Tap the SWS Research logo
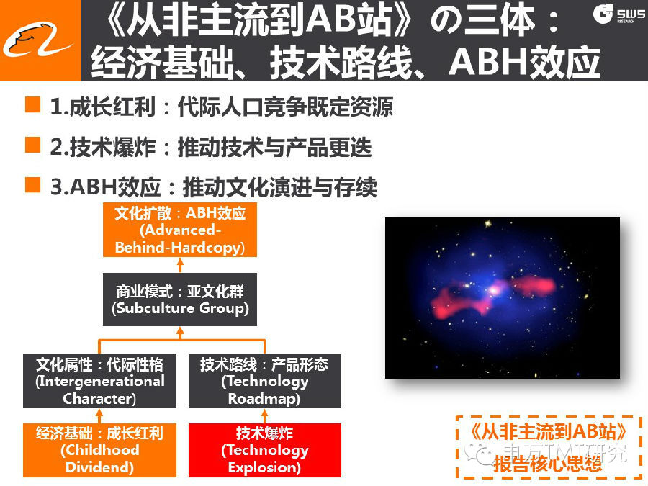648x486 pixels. pyautogui.click(x=618, y=14)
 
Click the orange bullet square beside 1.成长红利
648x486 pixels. pyautogui.click(x=32, y=104)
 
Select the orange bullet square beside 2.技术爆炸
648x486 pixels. pyautogui.click(x=32, y=145)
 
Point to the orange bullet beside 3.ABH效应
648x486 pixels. pyautogui.click(x=32, y=185)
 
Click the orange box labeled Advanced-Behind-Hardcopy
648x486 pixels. pyautogui.click(x=180, y=230)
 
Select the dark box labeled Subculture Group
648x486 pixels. pyautogui.click(x=180, y=300)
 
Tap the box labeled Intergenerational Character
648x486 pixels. pyautogui.click(x=99, y=381)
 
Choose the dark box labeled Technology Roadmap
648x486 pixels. pyautogui.click(x=265, y=381)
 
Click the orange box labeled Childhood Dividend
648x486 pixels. pyautogui.click(x=99, y=450)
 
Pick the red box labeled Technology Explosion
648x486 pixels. pyautogui.click(x=265, y=450)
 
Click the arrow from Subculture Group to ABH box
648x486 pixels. pyautogui.click(x=180, y=265)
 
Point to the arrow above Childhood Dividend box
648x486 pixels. pyautogui.click(x=99, y=415)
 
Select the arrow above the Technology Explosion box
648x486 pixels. pyautogui.click(x=264, y=415)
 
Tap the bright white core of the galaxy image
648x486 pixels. pyautogui.click(x=493, y=290)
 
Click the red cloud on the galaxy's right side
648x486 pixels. pyautogui.click(x=533, y=285)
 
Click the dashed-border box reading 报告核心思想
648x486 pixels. pyautogui.click(x=549, y=447)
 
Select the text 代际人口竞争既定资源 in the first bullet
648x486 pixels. pyautogui.click(x=285, y=107)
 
